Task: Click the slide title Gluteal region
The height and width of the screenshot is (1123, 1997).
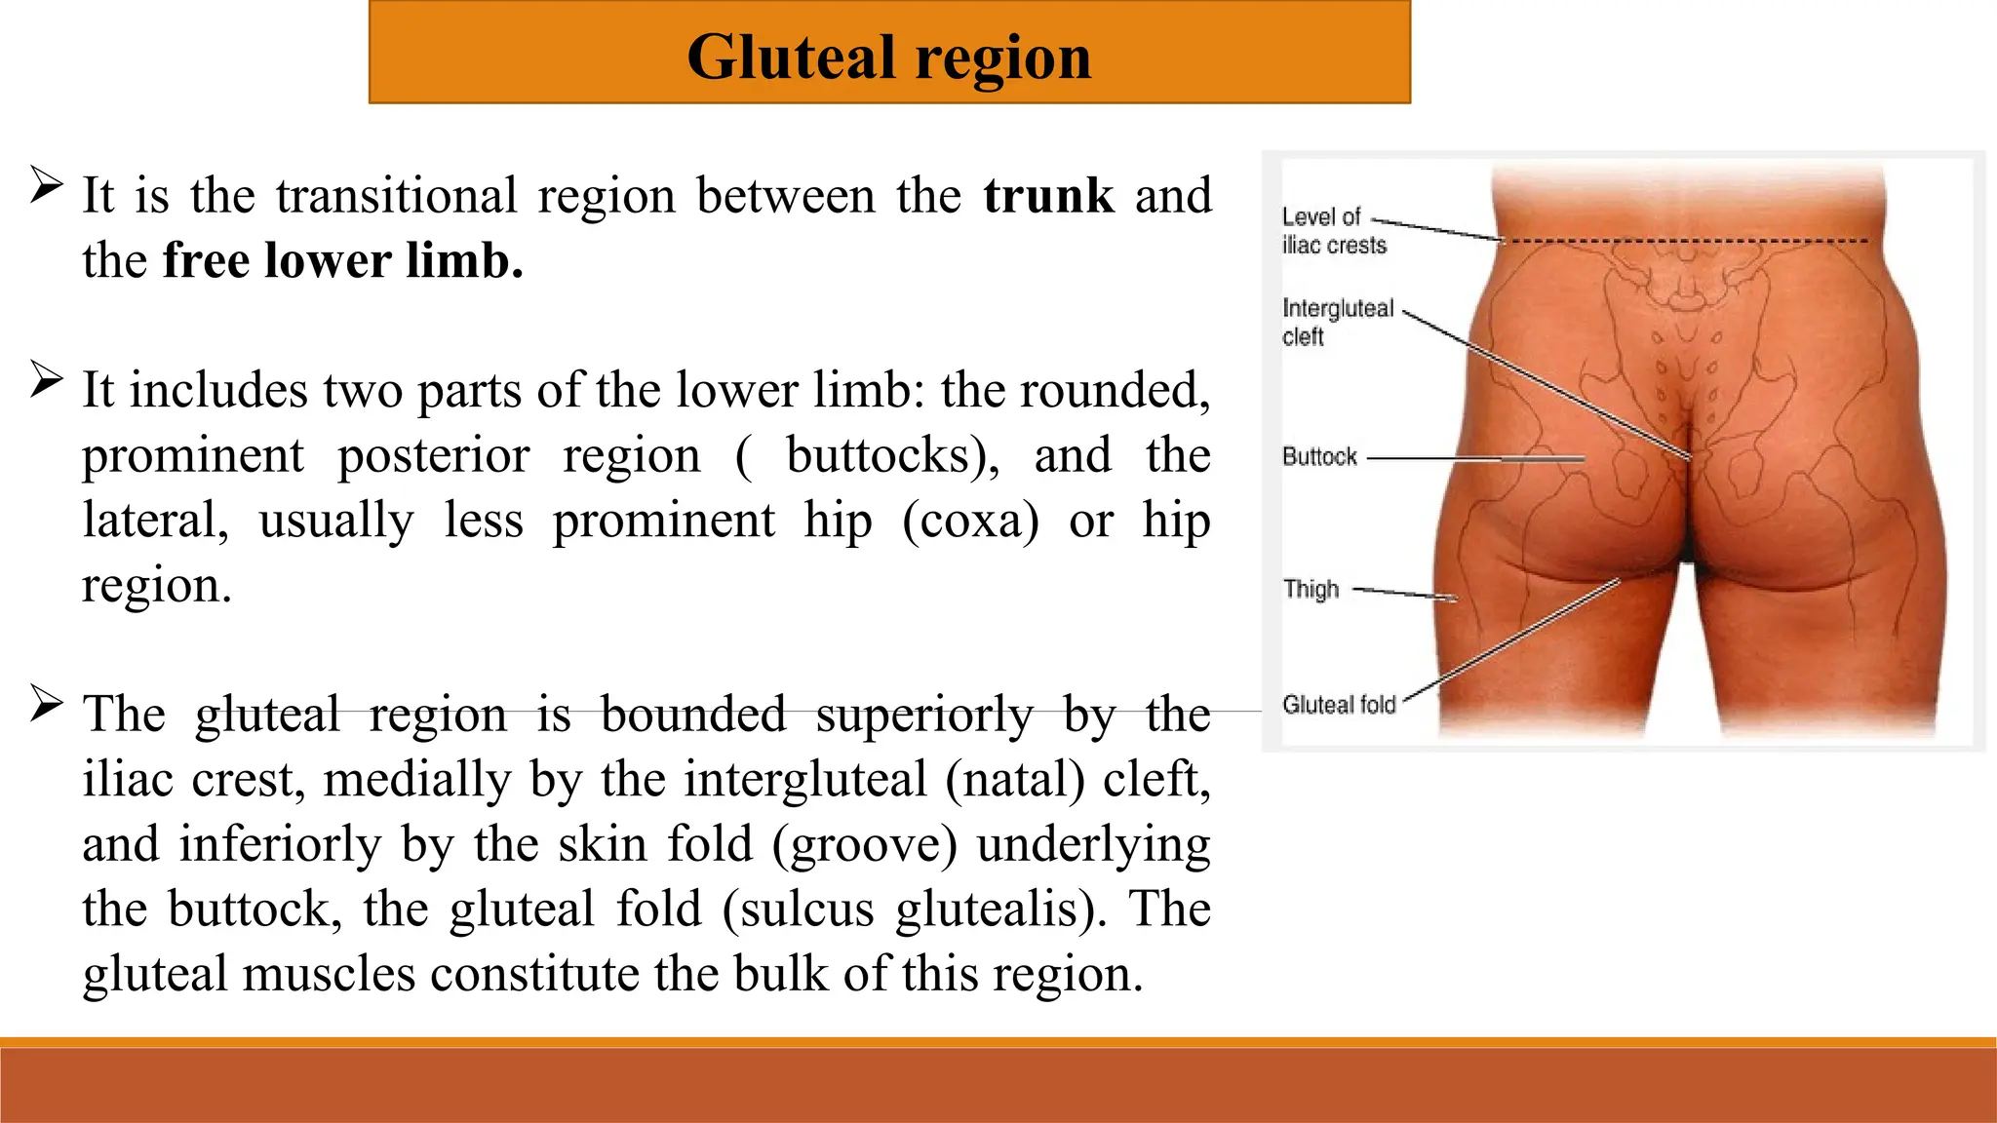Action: (888, 57)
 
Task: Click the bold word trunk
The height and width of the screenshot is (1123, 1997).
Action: (1048, 196)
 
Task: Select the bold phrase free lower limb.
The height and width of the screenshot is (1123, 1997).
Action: (342, 261)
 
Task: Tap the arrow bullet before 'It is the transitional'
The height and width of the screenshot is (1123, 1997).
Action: (46, 184)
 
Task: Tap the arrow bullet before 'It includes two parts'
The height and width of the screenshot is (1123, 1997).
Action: (46, 379)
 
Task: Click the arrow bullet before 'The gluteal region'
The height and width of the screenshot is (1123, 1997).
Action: (46, 703)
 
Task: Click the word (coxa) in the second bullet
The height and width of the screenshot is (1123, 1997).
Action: (970, 521)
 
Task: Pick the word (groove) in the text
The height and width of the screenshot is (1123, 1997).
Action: (864, 844)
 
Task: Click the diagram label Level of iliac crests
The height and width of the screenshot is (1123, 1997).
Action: (1332, 231)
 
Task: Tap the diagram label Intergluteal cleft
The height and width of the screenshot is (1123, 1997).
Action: (1336, 322)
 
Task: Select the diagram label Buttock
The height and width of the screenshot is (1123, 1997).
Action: (1318, 457)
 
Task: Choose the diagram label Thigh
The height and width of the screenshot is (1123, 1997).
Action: (1311, 589)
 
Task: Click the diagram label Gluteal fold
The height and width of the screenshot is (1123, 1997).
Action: (1338, 705)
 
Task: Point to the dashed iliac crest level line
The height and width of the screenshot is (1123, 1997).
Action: (1687, 241)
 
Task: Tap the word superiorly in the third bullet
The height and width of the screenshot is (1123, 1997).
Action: (923, 716)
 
